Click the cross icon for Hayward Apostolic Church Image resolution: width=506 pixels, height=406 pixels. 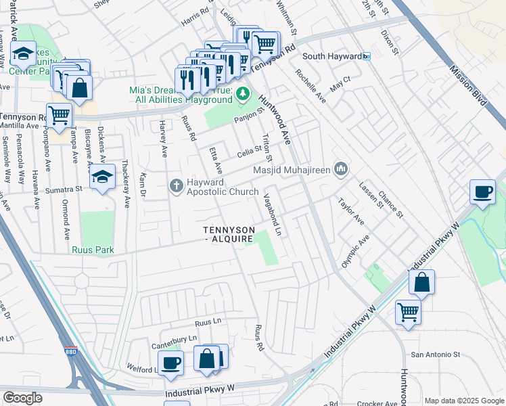(x=177, y=185)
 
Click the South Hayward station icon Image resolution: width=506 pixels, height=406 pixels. (x=366, y=56)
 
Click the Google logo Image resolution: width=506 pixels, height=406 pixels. (x=22, y=398)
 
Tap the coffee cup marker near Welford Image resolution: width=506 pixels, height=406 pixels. (x=172, y=362)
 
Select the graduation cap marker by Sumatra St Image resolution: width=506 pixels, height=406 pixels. (x=102, y=177)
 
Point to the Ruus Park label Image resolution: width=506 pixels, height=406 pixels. (x=93, y=250)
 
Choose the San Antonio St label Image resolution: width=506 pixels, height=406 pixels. (x=436, y=354)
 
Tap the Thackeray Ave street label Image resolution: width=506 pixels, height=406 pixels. (x=126, y=183)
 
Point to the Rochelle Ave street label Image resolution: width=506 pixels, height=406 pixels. (x=309, y=86)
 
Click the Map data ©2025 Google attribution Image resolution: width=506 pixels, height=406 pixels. (x=463, y=400)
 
